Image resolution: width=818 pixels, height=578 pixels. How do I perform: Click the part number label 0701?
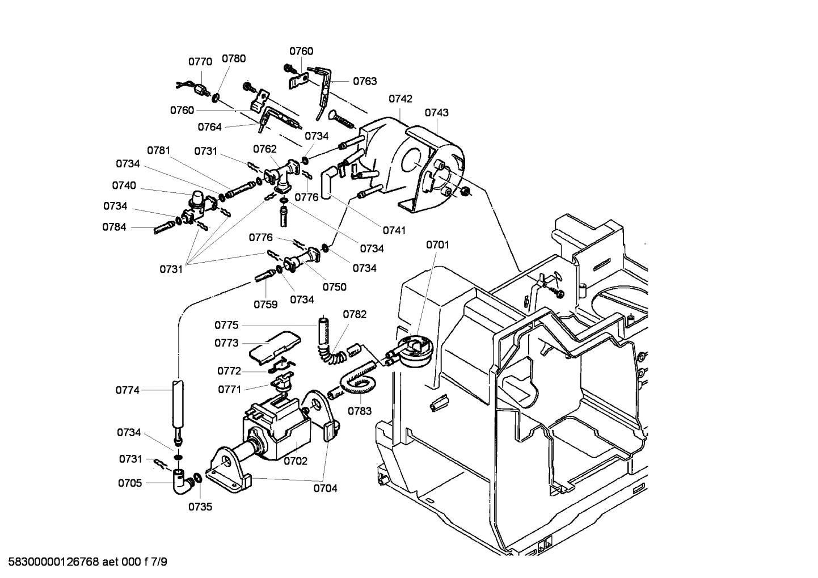pos(437,245)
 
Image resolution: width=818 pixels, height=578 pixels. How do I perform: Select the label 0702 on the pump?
pos(296,461)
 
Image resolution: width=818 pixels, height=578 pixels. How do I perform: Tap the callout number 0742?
pos(400,99)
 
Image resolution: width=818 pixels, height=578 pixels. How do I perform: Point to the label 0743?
pos(436,112)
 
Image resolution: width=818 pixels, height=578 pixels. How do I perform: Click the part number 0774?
pos(128,390)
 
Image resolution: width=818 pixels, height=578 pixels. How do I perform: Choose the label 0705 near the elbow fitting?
pos(130,483)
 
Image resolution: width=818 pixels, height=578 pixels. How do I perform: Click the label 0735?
pos(200,507)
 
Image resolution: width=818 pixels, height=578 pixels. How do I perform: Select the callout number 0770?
pos(200,62)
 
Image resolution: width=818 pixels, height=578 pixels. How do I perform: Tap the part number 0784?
pos(114,227)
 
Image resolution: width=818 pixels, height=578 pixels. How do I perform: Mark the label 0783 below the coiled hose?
pos(360,411)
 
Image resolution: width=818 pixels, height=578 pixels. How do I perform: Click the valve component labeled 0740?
pos(196,205)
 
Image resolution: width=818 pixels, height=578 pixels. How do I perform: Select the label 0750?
pos(335,287)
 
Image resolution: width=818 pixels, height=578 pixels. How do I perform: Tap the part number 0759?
pos(265,305)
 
